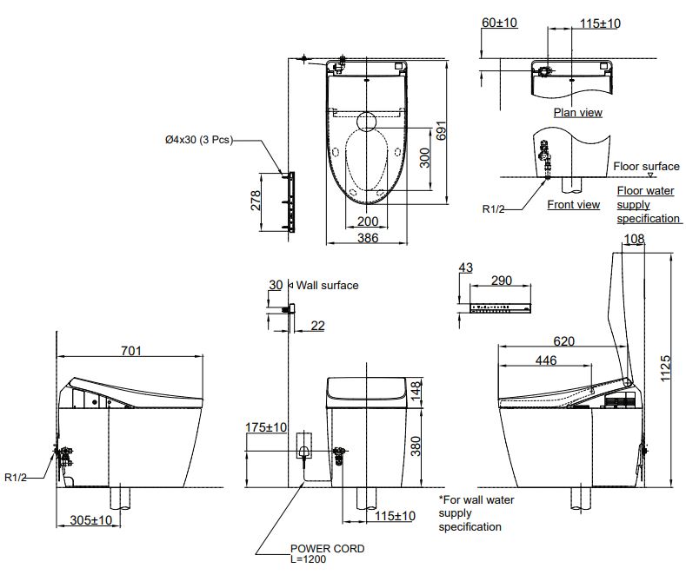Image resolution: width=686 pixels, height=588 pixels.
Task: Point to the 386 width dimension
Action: (368, 237)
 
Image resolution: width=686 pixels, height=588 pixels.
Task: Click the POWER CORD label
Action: (327, 548)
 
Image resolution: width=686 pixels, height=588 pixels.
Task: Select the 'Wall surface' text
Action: (328, 285)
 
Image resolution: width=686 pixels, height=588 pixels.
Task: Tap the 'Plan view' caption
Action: (577, 112)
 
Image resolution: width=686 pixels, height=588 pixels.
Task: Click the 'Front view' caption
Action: (573, 205)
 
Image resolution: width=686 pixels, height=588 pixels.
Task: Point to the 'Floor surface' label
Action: (646, 166)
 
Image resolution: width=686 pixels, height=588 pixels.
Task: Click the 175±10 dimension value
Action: (267, 427)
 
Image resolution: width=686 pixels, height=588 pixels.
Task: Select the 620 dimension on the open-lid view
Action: (564, 341)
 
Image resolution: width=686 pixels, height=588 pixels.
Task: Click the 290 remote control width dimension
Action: (501, 281)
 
